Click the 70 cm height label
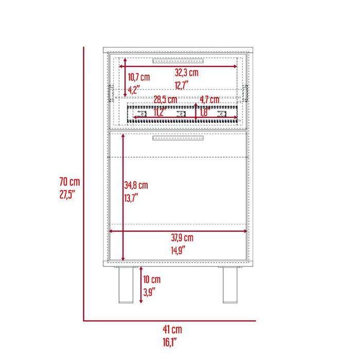click(69, 182)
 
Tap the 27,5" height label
click(67, 195)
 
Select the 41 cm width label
click(172, 330)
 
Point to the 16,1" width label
click(170, 342)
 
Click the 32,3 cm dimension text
click(187, 73)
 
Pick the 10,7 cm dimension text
click(139, 77)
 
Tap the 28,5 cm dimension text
click(165, 100)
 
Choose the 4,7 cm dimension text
click(210, 100)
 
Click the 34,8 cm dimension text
click(136, 185)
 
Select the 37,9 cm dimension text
click(182, 238)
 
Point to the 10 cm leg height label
click(152, 279)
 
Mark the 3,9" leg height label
click(150, 292)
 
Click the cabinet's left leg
click(126, 285)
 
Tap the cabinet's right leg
click(230, 285)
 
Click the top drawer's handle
click(178, 61)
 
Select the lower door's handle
click(178, 138)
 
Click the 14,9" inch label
click(178, 250)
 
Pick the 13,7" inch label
click(131, 198)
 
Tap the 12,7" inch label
click(182, 85)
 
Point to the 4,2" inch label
click(134, 90)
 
